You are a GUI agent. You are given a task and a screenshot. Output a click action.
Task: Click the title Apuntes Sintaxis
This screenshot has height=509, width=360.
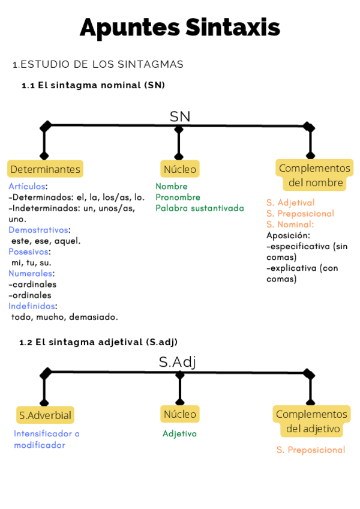point(179,28)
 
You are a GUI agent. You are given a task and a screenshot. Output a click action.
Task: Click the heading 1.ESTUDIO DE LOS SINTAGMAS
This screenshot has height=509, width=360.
point(98,64)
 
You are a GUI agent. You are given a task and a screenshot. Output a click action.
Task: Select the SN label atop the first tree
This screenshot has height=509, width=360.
point(179,116)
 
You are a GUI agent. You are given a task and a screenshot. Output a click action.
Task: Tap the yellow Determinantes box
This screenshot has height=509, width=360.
point(45,169)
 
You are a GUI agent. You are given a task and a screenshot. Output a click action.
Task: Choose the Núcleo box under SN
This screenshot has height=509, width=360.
point(179,169)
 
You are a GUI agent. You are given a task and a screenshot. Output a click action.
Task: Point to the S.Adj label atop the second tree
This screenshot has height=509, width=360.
point(178,362)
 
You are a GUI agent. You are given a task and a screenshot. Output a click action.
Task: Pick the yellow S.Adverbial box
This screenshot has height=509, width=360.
point(45,415)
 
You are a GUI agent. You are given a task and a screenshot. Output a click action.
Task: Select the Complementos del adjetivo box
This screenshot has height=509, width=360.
point(312,421)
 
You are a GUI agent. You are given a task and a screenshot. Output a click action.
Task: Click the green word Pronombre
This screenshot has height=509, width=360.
point(178,197)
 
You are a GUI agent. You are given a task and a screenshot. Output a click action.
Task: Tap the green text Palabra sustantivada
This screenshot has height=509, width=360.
point(199,208)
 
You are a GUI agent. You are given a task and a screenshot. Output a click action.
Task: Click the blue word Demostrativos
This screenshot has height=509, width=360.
point(38,230)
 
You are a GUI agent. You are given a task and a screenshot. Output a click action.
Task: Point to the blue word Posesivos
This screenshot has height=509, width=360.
point(29,251)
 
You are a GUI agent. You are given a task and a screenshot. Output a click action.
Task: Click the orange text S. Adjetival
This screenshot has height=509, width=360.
point(290,203)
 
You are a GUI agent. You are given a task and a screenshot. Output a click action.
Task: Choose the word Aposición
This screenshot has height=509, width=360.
point(288,235)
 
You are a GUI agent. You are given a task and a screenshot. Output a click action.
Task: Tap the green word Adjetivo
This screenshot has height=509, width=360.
point(179,433)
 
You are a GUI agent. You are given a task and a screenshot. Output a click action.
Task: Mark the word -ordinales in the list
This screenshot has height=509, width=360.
point(30,295)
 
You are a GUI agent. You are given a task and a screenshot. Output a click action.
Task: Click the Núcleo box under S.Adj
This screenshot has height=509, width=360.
point(179,414)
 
